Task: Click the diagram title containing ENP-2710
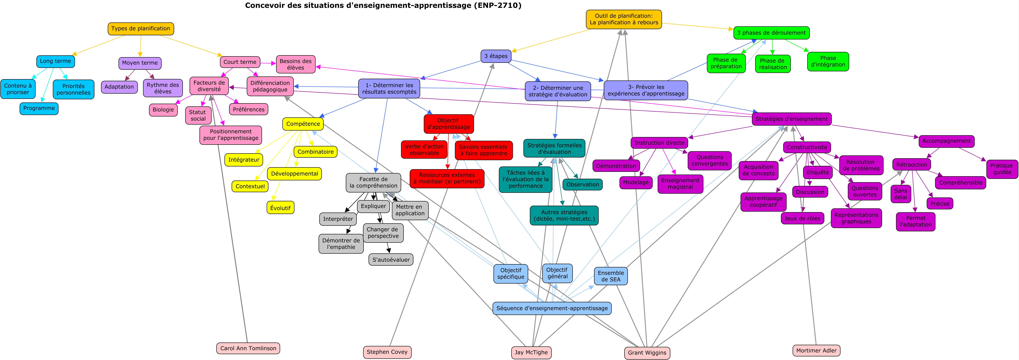pos(383,6)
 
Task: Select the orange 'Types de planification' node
pos(141,28)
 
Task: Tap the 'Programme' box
pos(39,108)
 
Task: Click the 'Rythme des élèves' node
pos(163,88)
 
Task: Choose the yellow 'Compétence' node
pos(303,124)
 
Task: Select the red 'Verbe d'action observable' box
pos(424,150)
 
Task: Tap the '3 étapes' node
pos(496,56)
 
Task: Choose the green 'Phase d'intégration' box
pos(828,61)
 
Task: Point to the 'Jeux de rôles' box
pos(802,218)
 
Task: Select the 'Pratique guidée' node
pos(1002,169)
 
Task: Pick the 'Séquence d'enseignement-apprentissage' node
pos(552,308)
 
